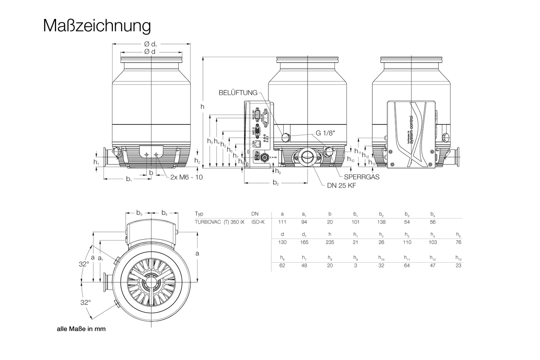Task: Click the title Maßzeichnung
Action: pos(97,26)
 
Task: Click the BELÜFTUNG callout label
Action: pos(238,93)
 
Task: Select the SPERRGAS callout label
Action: pos(361,177)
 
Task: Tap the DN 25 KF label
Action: pos(341,186)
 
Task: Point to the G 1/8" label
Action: pos(325,133)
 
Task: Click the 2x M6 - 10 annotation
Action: pos(186,177)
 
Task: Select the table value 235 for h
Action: pos(330,242)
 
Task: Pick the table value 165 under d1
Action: pos(304,242)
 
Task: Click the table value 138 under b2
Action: pos(381,222)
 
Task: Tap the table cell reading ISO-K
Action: pos(257,222)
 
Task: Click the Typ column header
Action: pos(199,214)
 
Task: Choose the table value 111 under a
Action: pos(282,222)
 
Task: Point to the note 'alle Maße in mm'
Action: pos(81,329)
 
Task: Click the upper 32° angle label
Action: pos(84,264)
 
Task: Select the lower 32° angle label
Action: pos(86,302)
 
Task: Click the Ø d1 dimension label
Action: pos(151,44)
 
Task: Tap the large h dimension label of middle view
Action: pos(202,107)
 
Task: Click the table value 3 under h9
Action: pos(355,265)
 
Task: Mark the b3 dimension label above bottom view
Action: pos(139,213)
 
